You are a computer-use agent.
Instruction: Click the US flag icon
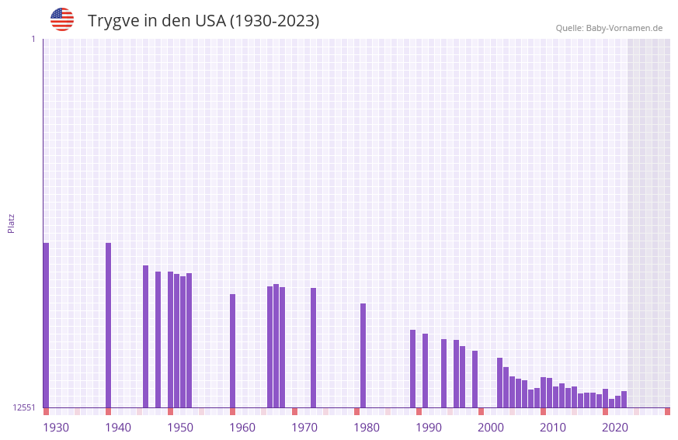[62, 19]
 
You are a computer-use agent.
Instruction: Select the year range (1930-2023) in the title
[274, 21]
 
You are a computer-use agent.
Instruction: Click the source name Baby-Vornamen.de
[624, 28]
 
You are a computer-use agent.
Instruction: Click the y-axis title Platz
[11, 223]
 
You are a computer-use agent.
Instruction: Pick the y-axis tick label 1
[33, 39]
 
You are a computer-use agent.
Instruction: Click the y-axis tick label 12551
[24, 407]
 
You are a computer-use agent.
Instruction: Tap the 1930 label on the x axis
[56, 428]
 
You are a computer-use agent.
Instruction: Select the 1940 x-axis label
[118, 428]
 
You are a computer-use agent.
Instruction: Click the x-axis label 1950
[180, 428]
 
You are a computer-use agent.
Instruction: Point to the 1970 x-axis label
[304, 428]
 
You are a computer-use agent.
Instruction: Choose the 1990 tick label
[429, 428]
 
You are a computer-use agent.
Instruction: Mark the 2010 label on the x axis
[553, 428]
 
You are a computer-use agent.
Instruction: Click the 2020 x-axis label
[615, 428]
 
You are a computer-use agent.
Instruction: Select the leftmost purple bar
[46, 325]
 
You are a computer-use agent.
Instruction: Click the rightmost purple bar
[624, 399]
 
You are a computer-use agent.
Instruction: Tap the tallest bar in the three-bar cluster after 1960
[276, 345]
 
